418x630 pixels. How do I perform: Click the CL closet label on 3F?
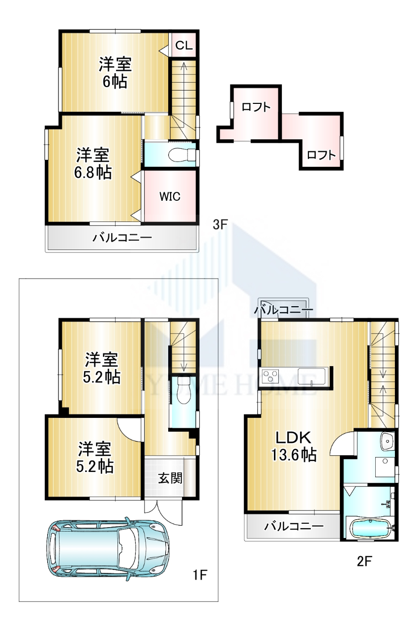click(184, 45)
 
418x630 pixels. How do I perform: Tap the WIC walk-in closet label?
click(170, 196)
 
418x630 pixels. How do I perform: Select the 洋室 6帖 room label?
click(115, 72)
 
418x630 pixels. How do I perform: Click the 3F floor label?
click(220, 225)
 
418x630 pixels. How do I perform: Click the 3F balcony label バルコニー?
click(122, 238)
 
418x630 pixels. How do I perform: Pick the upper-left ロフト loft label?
click(256, 107)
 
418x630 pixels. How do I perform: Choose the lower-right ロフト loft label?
click(321, 155)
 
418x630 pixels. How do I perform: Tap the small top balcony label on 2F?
click(283, 310)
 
